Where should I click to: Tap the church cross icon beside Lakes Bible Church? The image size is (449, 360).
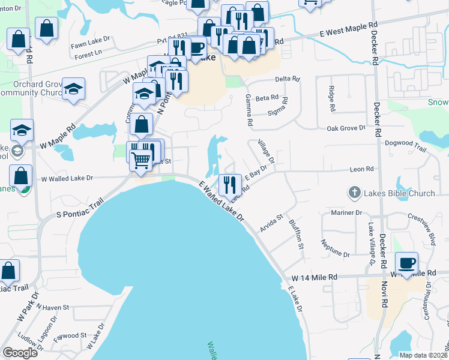click(x=354, y=193)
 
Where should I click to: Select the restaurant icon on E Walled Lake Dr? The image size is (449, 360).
click(x=229, y=184)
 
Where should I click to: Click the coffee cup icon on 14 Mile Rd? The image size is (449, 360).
click(x=406, y=262)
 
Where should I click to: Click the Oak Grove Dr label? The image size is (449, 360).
click(x=345, y=128)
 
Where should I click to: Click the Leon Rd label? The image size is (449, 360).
click(x=361, y=170)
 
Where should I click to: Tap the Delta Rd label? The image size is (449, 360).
click(x=287, y=79)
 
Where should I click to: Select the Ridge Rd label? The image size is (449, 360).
click(x=331, y=99)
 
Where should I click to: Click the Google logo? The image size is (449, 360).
click(x=20, y=353)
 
